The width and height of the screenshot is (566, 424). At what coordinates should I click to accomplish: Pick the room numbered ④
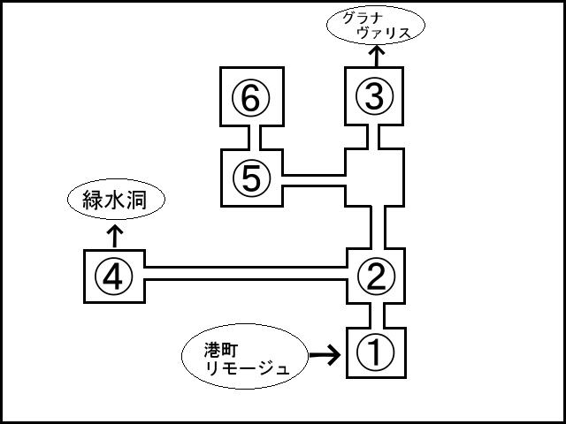coord(113,277)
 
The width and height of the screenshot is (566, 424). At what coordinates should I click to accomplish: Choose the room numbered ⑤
coord(251,178)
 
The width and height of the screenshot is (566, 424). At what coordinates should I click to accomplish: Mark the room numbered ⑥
coord(251,98)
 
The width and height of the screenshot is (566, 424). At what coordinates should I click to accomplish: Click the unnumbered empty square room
coord(375,178)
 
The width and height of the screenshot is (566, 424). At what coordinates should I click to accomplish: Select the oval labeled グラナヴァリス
coord(375,26)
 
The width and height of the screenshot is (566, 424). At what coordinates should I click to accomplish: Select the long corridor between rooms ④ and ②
coord(244,272)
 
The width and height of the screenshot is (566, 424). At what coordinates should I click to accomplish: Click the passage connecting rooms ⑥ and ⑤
coord(251,138)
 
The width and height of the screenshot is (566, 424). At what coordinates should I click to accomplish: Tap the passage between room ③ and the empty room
coord(375,138)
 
